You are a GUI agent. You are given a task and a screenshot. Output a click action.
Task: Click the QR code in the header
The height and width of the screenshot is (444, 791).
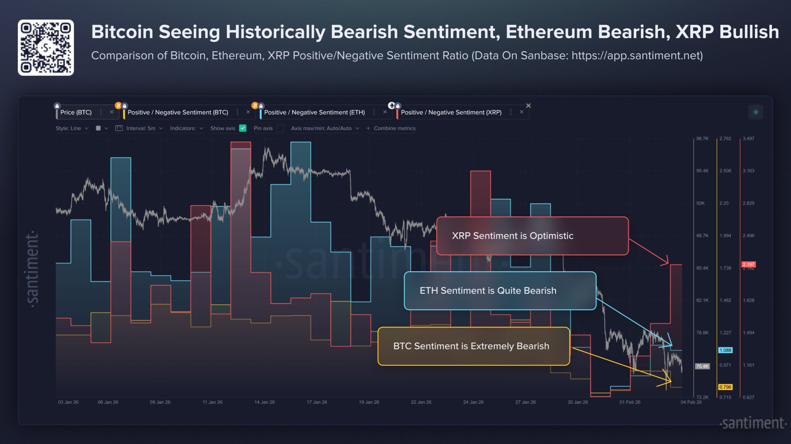(x=46, y=48)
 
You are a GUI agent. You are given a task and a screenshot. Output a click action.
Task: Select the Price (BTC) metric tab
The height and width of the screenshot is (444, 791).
(x=76, y=112)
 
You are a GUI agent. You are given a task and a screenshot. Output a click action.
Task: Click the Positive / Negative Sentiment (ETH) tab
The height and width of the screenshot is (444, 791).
(x=314, y=112)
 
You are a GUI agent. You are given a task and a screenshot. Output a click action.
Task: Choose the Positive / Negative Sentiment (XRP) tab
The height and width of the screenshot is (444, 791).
(x=451, y=112)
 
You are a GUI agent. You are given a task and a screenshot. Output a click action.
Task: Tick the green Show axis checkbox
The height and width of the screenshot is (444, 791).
(x=243, y=128)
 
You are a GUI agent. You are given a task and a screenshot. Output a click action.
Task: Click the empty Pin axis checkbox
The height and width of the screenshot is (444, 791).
(x=280, y=128)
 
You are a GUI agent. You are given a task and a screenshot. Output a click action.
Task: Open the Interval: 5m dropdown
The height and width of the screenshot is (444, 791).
(x=141, y=128)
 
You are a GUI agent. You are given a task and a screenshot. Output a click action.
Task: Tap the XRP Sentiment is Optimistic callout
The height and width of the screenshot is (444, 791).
(x=532, y=236)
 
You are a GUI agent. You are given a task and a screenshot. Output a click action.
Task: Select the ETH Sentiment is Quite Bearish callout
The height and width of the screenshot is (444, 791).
(x=500, y=291)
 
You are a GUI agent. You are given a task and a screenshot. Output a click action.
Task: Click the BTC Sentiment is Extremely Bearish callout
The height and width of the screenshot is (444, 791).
(x=473, y=346)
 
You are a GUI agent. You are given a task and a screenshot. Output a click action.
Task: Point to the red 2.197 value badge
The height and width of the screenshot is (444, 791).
(x=748, y=264)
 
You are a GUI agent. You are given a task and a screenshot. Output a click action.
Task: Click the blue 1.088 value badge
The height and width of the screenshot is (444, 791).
(x=725, y=350)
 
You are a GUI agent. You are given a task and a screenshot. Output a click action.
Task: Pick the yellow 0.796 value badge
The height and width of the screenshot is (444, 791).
(x=725, y=387)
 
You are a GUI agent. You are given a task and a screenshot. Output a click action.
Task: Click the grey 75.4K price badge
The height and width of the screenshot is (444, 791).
(x=702, y=366)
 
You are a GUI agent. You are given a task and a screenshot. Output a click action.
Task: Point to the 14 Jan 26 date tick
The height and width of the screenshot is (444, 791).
(x=264, y=402)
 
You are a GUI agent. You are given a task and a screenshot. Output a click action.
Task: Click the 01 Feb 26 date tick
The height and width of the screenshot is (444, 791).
(x=630, y=402)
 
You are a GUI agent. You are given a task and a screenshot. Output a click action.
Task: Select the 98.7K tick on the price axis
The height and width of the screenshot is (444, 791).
(x=702, y=139)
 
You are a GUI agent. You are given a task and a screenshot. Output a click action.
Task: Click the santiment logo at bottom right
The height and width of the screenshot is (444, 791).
(x=753, y=423)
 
